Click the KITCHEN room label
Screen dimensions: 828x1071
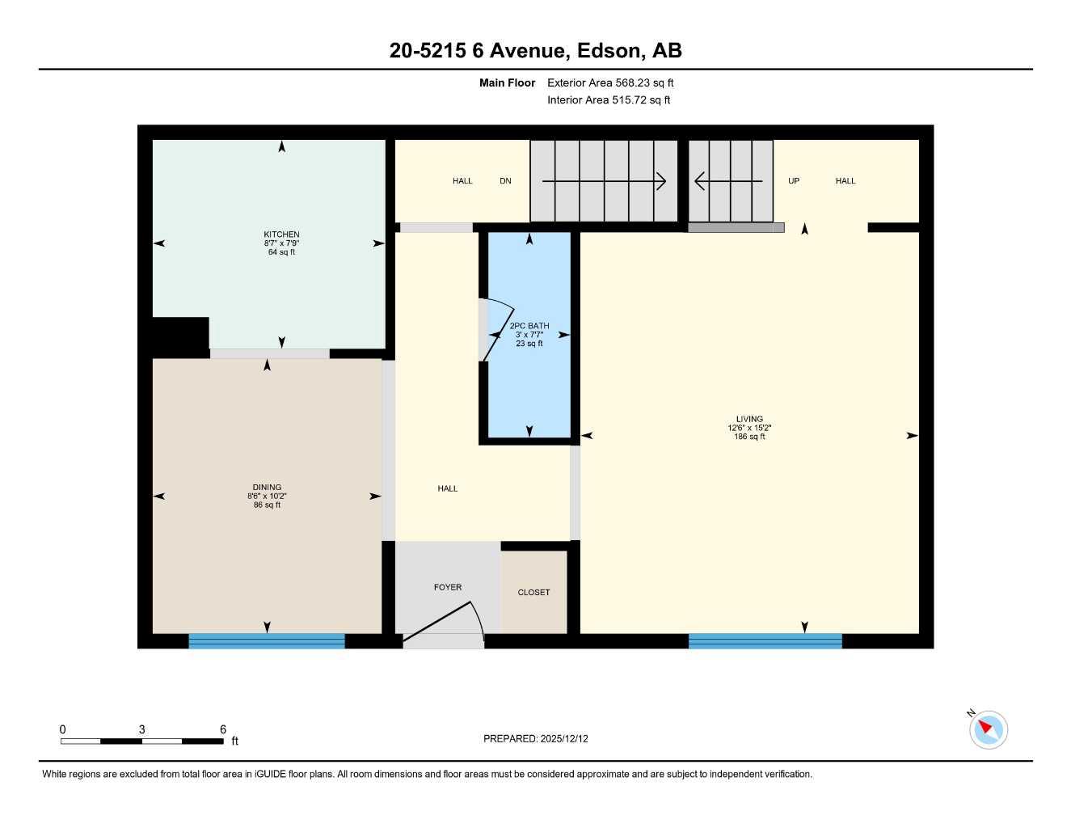pos(281,234)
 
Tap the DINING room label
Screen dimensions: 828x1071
pos(267,488)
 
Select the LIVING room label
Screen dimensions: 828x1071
pos(749,419)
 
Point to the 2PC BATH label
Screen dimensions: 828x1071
pos(529,326)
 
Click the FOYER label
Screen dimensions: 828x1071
pos(448,587)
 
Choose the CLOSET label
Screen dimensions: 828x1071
pos(533,592)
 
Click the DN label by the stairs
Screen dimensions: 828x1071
pos(505,181)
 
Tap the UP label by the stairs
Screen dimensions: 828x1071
pos(794,181)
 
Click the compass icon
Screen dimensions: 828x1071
pos(988,729)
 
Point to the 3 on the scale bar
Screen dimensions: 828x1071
pos(142,729)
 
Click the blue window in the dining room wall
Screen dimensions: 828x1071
pos(267,641)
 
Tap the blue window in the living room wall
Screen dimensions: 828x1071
pos(765,641)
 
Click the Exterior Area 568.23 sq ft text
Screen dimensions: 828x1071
pos(610,82)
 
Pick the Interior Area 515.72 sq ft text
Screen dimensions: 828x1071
pos(609,100)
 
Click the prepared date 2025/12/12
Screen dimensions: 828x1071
pos(564,738)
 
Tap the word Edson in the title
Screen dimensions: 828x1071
pos(611,50)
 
